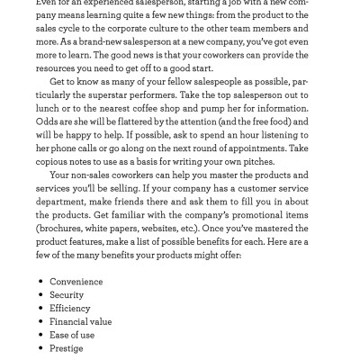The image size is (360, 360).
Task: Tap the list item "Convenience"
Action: tap(76, 282)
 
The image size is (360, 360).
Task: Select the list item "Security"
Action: tap(67, 295)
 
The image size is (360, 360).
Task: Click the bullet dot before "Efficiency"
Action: tap(41, 309)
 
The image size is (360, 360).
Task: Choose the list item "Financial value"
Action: tap(81, 321)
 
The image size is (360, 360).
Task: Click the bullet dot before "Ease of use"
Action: tap(41, 335)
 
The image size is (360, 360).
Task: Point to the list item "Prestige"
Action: tap(67, 348)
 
